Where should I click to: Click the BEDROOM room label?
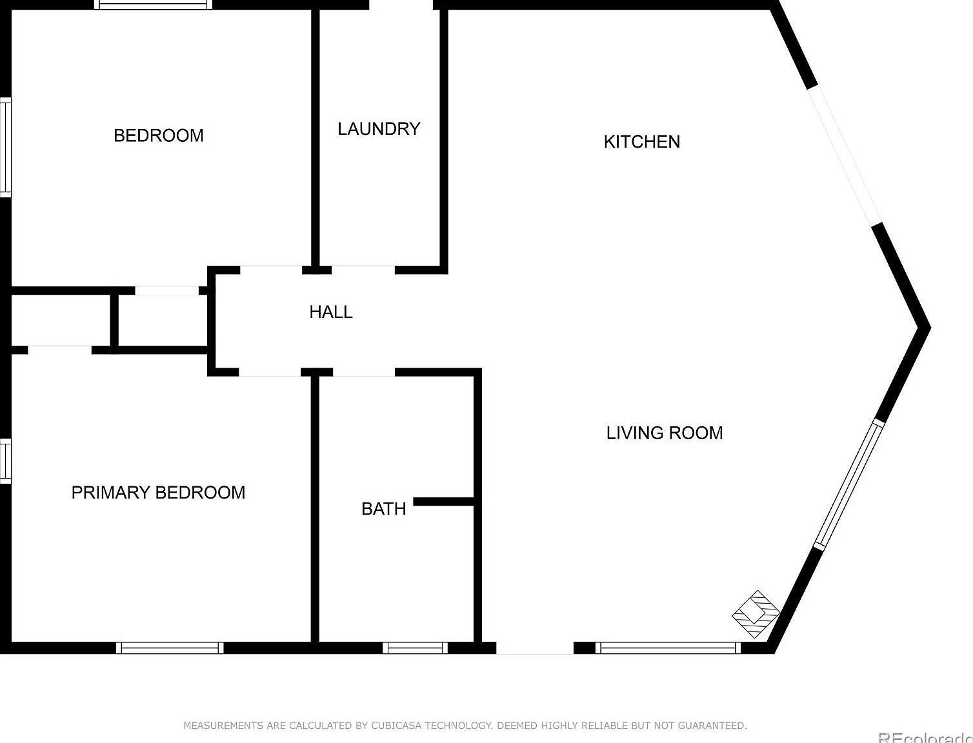[158, 135]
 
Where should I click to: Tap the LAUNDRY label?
[379, 129]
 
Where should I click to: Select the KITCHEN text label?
[641, 142]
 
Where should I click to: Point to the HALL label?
[330, 312]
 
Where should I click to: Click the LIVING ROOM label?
[664, 433]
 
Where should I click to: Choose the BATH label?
[383, 509]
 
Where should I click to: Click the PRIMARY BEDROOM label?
[158, 493]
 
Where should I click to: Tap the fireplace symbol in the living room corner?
[756, 614]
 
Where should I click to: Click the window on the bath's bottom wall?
[415, 648]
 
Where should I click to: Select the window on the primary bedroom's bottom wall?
[170, 648]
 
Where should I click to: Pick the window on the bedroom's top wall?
[153, 5]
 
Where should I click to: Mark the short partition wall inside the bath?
[444, 502]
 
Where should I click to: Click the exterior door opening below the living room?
[534, 648]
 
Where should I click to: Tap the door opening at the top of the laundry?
[401, 5]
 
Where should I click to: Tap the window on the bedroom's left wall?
[5, 147]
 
